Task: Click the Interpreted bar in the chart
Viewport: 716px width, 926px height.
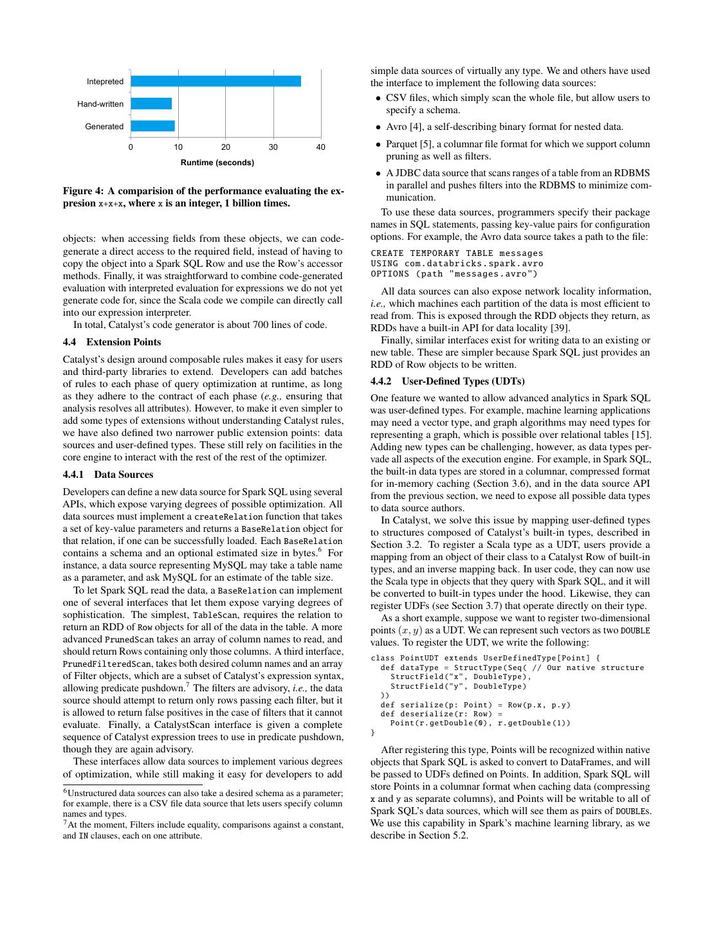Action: pos(216,81)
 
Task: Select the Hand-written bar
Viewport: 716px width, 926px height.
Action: pos(151,104)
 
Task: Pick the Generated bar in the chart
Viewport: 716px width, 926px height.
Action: pos(152,126)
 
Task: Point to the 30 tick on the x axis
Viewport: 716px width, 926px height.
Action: pos(273,147)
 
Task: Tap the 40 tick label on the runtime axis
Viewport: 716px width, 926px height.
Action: pos(321,147)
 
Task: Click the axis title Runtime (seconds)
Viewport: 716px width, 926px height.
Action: pos(217,163)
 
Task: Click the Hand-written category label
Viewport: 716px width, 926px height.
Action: pos(100,104)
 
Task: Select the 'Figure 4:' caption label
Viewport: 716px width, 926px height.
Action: pos(84,191)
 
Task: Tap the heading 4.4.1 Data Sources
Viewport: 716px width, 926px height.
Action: pos(108,475)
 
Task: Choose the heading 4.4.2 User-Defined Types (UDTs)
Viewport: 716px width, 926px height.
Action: pos(447,381)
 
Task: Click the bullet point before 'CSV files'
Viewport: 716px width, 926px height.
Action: pos(378,98)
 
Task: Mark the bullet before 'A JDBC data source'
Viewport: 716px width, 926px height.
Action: pos(378,174)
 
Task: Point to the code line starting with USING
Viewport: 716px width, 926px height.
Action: pos(457,263)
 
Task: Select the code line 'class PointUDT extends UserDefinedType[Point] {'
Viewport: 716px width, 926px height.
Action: pos(485,658)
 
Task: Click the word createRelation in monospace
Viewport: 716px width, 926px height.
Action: pos(228,517)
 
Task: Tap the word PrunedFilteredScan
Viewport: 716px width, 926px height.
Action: pos(107,664)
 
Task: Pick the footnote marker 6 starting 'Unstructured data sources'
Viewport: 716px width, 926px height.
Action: pos(65,791)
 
